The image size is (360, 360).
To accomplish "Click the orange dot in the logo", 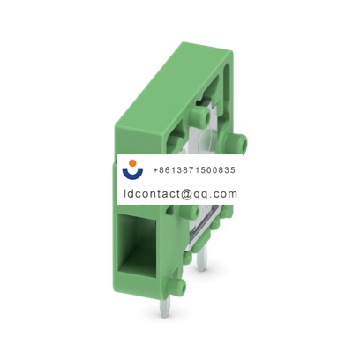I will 134,164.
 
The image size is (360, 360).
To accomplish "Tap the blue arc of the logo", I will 134,175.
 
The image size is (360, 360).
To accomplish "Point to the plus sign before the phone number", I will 155,169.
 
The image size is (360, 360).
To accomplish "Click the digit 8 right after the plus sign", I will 162,169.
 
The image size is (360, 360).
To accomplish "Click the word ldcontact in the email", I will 149,193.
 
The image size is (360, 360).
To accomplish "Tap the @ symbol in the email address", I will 184,193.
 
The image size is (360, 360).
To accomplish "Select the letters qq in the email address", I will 200,194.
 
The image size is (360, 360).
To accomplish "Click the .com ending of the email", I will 224,193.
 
